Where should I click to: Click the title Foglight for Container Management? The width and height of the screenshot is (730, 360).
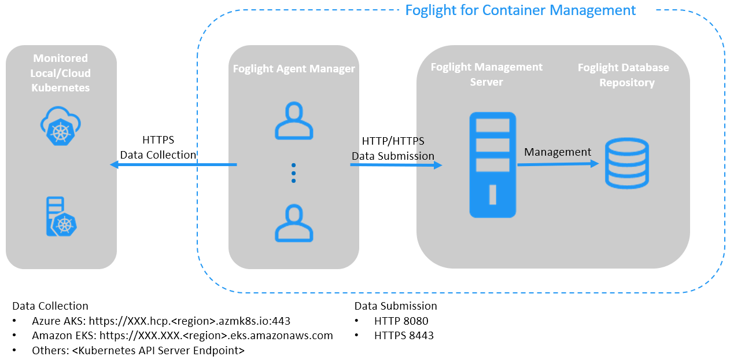[x=520, y=10]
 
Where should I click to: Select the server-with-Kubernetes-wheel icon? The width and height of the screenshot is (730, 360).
[x=61, y=217]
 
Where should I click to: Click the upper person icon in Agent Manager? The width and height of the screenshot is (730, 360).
[x=294, y=121]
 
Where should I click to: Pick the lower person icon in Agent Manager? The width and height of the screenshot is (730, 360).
[x=294, y=223]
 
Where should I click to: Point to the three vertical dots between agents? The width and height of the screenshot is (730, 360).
[x=294, y=172]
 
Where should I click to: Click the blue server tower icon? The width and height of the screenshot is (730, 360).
[x=492, y=165]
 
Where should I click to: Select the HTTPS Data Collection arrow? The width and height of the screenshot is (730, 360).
[x=174, y=165]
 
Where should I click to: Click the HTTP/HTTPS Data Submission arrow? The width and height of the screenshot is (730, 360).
[x=396, y=165]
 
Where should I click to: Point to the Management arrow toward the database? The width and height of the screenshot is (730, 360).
[x=558, y=164]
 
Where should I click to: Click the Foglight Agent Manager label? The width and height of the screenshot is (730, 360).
[x=294, y=69]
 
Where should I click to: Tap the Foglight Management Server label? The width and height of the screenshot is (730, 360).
[x=486, y=74]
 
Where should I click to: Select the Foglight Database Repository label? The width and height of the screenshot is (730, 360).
[x=624, y=75]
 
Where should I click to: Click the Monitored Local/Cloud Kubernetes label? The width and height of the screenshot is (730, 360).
[x=61, y=73]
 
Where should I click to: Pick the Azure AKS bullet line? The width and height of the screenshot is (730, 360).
[x=161, y=321]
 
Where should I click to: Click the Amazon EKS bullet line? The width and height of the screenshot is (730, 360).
[x=182, y=336]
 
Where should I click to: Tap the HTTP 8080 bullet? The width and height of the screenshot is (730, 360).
[x=401, y=321]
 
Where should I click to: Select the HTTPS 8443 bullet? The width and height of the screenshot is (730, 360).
[x=404, y=336]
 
